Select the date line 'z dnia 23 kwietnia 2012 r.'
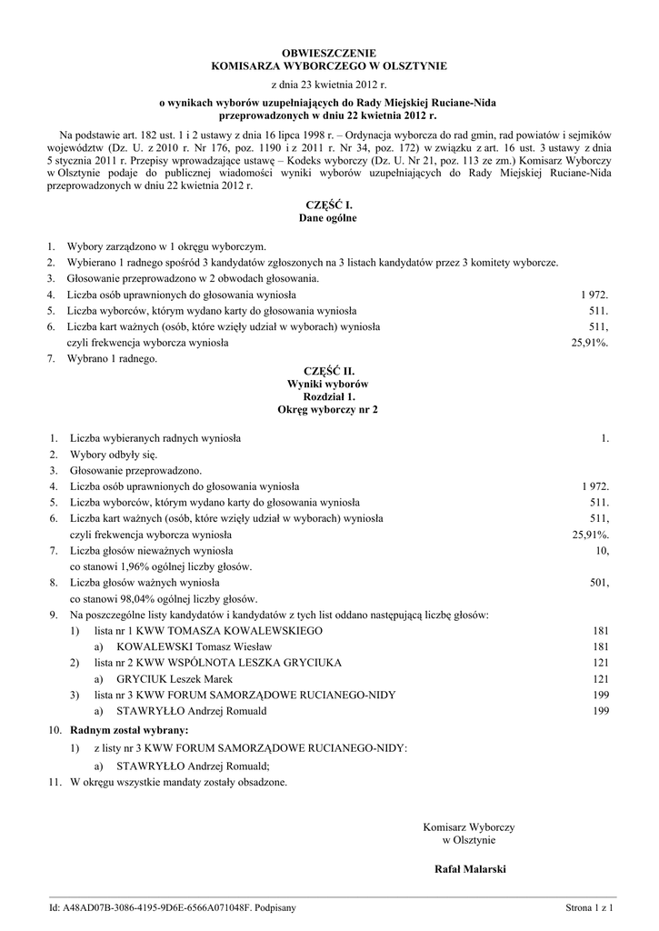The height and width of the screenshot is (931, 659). click(x=328, y=85)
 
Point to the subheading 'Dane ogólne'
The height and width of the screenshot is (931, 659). click(x=328, y=219)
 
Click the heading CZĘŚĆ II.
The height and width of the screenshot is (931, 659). click(x=328, y=372)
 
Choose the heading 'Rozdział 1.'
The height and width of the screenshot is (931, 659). click(x=328, y=397)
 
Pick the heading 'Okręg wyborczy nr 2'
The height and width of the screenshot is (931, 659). click(x=328, y=410)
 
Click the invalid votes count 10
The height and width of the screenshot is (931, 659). click(x=602, y=551)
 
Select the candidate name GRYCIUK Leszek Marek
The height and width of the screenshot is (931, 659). click(x=175, y=679)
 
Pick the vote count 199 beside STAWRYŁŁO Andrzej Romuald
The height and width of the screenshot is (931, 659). click(x=600, y=711)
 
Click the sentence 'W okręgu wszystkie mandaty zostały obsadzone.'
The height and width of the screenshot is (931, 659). click(x=178, y=781)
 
